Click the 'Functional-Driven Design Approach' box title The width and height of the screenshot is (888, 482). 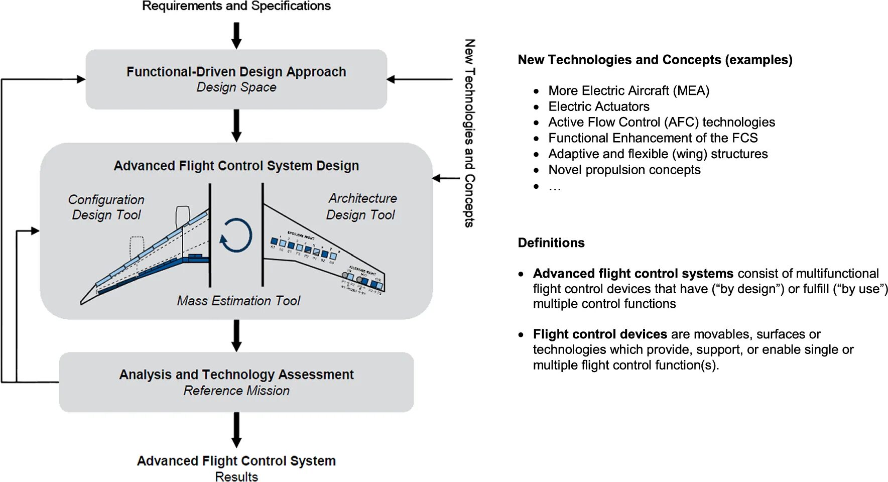click(236, 72)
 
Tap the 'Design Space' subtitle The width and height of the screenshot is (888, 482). click(236, 87)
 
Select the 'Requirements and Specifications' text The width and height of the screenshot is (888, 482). click(236, 6)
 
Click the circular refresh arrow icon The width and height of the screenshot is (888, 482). click(236, 235)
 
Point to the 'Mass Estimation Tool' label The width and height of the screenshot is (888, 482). click(238, 301)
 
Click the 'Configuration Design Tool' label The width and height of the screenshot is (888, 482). click(106, 207)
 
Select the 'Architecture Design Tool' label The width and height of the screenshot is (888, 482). click(361, 206)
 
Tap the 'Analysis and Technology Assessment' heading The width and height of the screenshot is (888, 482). click(236, 375)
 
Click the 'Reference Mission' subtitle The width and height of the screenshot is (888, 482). click(236, 391)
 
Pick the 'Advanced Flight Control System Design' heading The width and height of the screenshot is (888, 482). click(236, 166)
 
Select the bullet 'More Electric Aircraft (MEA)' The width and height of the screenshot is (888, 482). click(628, 91)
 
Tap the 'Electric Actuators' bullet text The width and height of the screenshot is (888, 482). click(598, 106)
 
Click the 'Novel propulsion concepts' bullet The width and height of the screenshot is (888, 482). click(624, 170)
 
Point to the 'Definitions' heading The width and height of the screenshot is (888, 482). click(551, 243)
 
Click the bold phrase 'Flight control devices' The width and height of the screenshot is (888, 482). click(600, 334)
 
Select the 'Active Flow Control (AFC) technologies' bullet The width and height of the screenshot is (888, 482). click(661, 123)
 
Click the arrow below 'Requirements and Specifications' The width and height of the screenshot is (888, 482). click(236, 35)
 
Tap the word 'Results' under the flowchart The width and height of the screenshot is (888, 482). click(236, 476)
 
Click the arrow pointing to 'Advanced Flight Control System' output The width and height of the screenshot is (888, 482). click(236, 430)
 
